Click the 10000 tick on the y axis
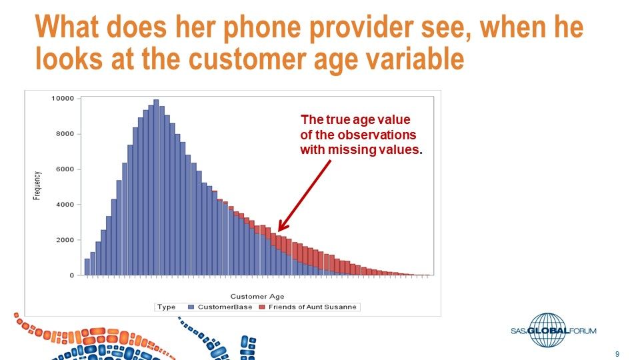point(63,99)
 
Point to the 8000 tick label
point(65,134)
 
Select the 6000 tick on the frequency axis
point(65,169)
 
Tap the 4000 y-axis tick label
point(65,205)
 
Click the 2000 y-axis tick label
point(65,240)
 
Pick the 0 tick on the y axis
point(71,275)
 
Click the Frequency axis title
point(38,186)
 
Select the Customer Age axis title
point(257,296)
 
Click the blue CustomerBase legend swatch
point(191,307)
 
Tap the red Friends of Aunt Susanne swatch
point(262,307)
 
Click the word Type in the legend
point(167,307)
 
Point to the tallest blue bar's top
point(156,101)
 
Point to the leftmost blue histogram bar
point(87,267)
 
